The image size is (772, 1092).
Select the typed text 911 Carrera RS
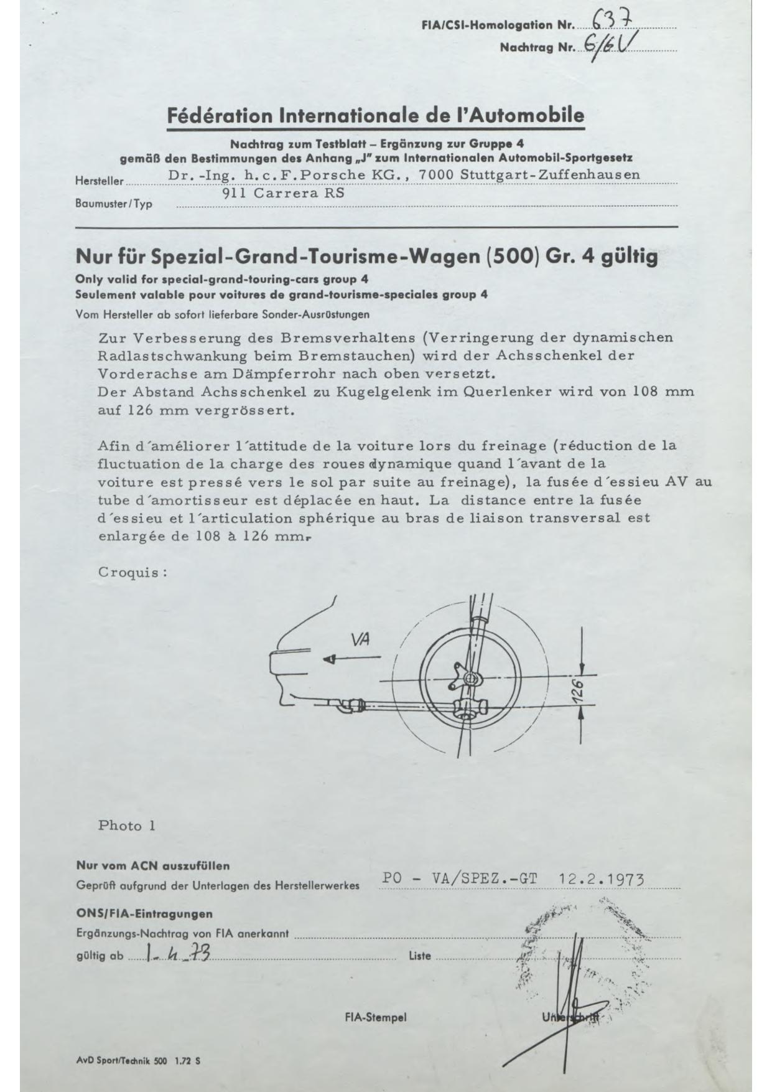point(283,193)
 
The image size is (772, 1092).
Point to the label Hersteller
point(99,181)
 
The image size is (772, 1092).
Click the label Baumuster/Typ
point(114,204)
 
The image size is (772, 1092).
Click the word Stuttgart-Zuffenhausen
point(550,174)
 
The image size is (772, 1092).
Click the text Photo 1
point(126,826)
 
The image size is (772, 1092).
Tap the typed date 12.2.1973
point(601,878)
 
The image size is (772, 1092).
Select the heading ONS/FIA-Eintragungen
point(144,914)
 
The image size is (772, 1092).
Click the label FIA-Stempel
point(375,1017)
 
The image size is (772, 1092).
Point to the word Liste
point(420,956)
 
